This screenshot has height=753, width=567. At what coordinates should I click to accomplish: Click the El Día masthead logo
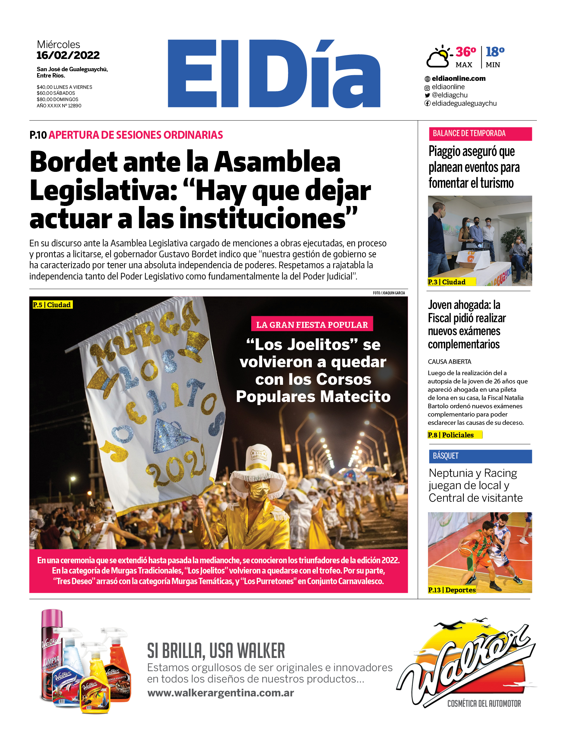click(x=274, y=74)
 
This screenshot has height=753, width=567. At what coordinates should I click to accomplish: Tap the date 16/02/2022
click(x=68, y=55)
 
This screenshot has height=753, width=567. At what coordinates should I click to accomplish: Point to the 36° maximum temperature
click(x=465, y=52)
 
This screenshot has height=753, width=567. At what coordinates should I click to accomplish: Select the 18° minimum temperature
click(x=495, y=52)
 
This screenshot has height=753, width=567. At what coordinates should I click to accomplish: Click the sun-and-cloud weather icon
click(x=439, y=57)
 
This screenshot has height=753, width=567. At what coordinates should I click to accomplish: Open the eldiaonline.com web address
click(x=458, y=78)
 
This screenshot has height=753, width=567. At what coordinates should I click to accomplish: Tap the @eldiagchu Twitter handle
click(x=449, y=95)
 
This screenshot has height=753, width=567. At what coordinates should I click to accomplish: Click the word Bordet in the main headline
click(x=73, y=162)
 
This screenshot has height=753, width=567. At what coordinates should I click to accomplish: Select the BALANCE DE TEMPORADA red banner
click(x=480, y=134)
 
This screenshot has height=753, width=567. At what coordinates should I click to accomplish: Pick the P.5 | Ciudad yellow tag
click(x=52, y=305)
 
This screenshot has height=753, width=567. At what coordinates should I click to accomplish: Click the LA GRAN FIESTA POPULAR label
click(x=312, y=325)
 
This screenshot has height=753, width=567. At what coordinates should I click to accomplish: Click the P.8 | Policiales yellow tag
click(x=454, y=435)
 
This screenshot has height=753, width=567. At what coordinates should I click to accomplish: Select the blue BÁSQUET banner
click(x=480, y=456)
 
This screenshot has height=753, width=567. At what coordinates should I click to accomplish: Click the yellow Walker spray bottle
click(x=95, y=688)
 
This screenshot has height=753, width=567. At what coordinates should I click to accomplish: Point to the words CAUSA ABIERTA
click(x=449, y=362)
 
